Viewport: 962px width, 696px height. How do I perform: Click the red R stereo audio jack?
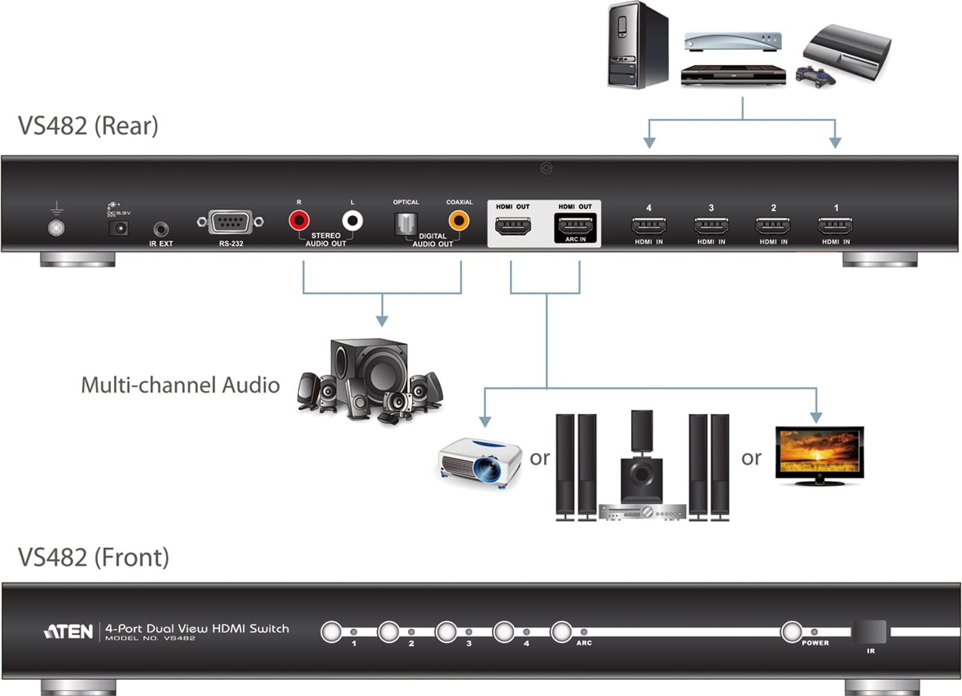coord(299,221)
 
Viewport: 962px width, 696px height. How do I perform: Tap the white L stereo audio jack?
coord(352,221)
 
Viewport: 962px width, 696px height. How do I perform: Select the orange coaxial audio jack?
coord(459,221)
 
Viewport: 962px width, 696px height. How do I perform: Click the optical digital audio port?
coord(405,224)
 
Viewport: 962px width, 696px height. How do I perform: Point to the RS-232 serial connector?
coord(230,222)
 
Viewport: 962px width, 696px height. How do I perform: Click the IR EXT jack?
coord(161,229)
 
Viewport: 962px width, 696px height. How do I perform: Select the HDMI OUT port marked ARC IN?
coord(575,226)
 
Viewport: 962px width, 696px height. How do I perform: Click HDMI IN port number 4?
coord(649,226)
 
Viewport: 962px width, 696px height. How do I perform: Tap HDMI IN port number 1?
coord(835,226)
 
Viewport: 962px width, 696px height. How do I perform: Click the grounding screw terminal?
coord(56,228)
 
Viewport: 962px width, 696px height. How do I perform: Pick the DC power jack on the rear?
coord(118,228)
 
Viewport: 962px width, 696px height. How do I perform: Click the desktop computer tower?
coord(637,45)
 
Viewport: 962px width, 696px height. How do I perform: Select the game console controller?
coord(815,76)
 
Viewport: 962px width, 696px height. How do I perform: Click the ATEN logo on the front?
coord(69,632)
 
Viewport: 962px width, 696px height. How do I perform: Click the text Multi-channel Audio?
coord(180,385)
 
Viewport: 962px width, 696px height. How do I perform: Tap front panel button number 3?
coord(446,632)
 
